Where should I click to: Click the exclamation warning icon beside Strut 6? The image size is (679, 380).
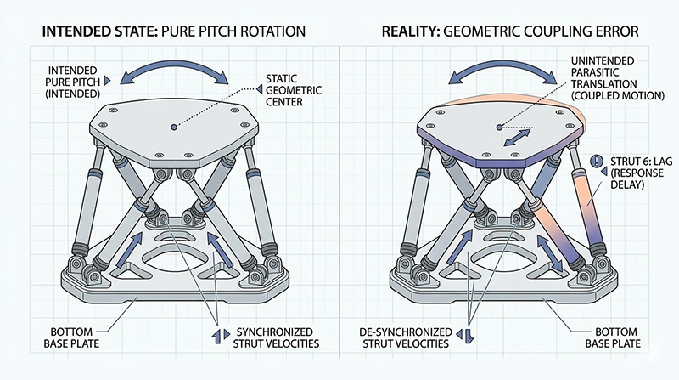(598, 159)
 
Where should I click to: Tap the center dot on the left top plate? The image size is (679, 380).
(172, 127)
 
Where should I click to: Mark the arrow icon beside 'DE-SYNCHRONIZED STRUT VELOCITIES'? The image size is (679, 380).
(466, 332)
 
